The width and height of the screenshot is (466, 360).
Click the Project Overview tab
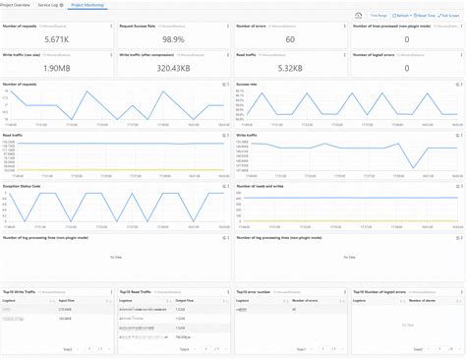point(17,5)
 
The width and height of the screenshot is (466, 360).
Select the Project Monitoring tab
point(89,5)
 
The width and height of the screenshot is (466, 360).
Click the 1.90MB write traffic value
point(57,70)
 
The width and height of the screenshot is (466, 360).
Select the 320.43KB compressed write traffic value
point(173,70)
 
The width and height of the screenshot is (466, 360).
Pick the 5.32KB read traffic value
point(289,70)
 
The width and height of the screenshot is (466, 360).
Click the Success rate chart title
point(250,86)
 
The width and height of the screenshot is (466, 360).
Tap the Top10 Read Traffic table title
point(139,292)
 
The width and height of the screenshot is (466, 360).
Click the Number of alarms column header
point(421,300)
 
